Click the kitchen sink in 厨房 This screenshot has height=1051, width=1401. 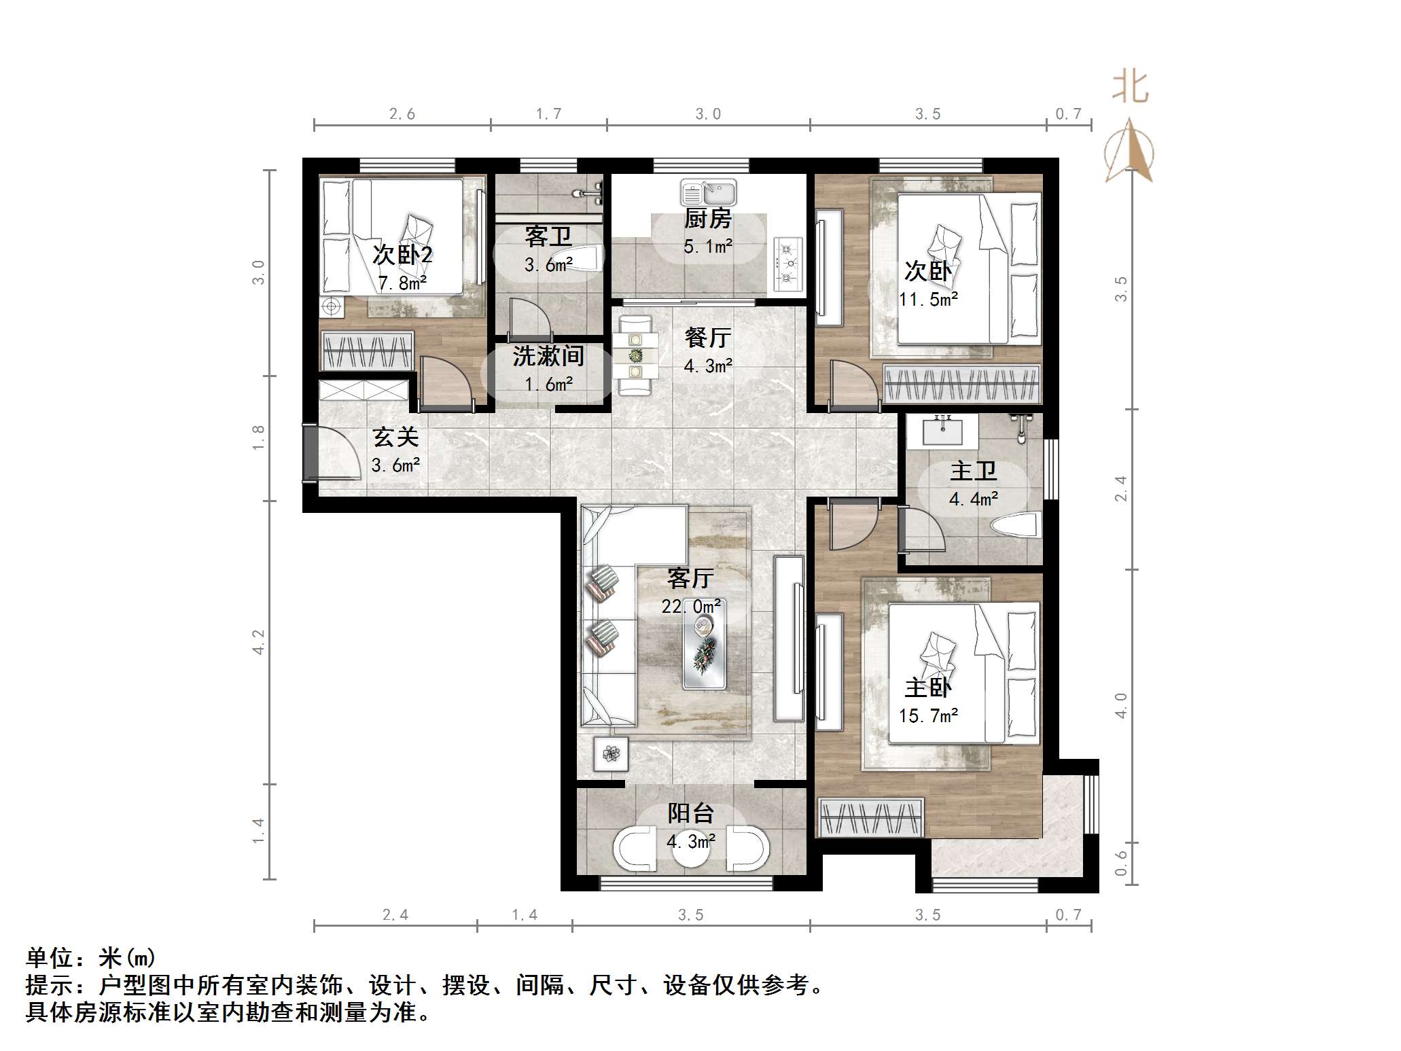[x=708, y=194]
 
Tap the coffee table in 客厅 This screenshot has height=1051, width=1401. [x=704, y=645]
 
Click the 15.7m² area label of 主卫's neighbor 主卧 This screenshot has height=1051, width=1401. [x=927, y=715]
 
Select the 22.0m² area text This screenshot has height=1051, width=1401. [x=690, y=606]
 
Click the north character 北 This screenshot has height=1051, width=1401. [x=1130, y=88]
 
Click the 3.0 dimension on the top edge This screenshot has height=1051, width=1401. [x=707, y=114]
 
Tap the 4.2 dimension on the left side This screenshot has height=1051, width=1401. [x=258, y=641]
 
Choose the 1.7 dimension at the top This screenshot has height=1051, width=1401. [x=548, y=114]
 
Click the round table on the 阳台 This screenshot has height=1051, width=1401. [x=691, y=849]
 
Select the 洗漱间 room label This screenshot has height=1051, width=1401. [x=548, y=356]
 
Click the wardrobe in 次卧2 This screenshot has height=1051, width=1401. [x=368, y=351]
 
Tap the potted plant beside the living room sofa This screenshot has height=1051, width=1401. [x=611, y=753]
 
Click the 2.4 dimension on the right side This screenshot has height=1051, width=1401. [x=1120, y=488]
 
